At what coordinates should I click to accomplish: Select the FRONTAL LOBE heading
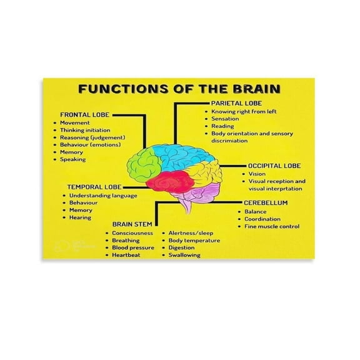pos(84,114)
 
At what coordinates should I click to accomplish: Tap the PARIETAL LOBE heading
pos(236,102)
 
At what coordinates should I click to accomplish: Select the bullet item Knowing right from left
pos(244,111)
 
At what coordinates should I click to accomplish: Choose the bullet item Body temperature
pos(194,240)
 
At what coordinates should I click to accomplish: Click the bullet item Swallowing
pos(184,255)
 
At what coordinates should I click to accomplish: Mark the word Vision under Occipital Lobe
pos(257,174)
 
